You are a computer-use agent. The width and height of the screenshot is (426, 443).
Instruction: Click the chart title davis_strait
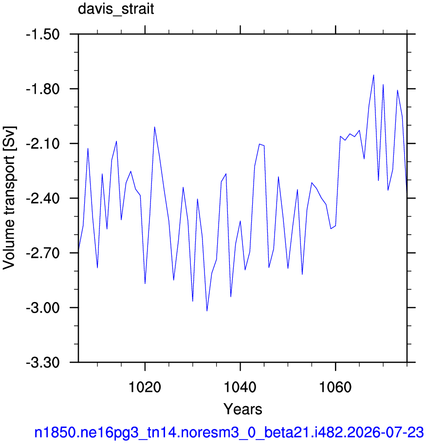116,9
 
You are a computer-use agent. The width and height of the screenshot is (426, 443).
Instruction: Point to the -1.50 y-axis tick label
43,35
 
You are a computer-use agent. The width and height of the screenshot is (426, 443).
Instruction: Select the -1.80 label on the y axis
43,89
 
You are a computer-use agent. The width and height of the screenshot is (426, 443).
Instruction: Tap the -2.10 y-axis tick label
43,144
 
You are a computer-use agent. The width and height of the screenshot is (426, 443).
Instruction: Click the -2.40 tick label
43,198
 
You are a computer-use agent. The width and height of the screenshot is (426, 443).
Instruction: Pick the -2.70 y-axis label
43,253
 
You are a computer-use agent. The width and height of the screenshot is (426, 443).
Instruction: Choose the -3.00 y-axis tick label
43,308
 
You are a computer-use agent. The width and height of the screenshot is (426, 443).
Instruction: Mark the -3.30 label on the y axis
43,362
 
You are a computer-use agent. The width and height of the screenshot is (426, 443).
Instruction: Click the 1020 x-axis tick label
145,387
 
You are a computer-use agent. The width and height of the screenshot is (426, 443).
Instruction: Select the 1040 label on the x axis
240,387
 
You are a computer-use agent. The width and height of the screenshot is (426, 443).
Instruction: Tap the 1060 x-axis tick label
335,387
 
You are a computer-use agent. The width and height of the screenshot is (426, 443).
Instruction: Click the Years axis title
243,409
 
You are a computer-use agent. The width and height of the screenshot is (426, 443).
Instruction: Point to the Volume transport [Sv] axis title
9,198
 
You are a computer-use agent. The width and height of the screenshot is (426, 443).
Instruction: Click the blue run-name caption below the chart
229,432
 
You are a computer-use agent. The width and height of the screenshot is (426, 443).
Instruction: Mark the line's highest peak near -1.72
374,75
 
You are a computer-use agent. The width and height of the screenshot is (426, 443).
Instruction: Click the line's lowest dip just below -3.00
207,311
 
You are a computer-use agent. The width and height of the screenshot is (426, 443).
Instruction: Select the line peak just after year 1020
154,127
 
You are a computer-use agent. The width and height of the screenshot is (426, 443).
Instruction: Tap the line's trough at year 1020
145,284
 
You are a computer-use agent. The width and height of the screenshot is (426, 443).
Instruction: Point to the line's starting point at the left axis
78,249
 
